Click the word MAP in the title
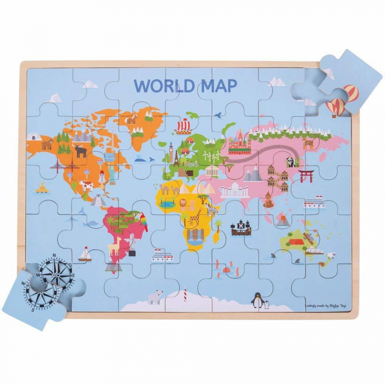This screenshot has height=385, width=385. [218, 86]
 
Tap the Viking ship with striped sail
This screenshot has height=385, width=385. [183, 127]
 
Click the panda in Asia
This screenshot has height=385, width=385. [290, 162]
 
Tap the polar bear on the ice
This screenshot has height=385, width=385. [155, 298]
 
